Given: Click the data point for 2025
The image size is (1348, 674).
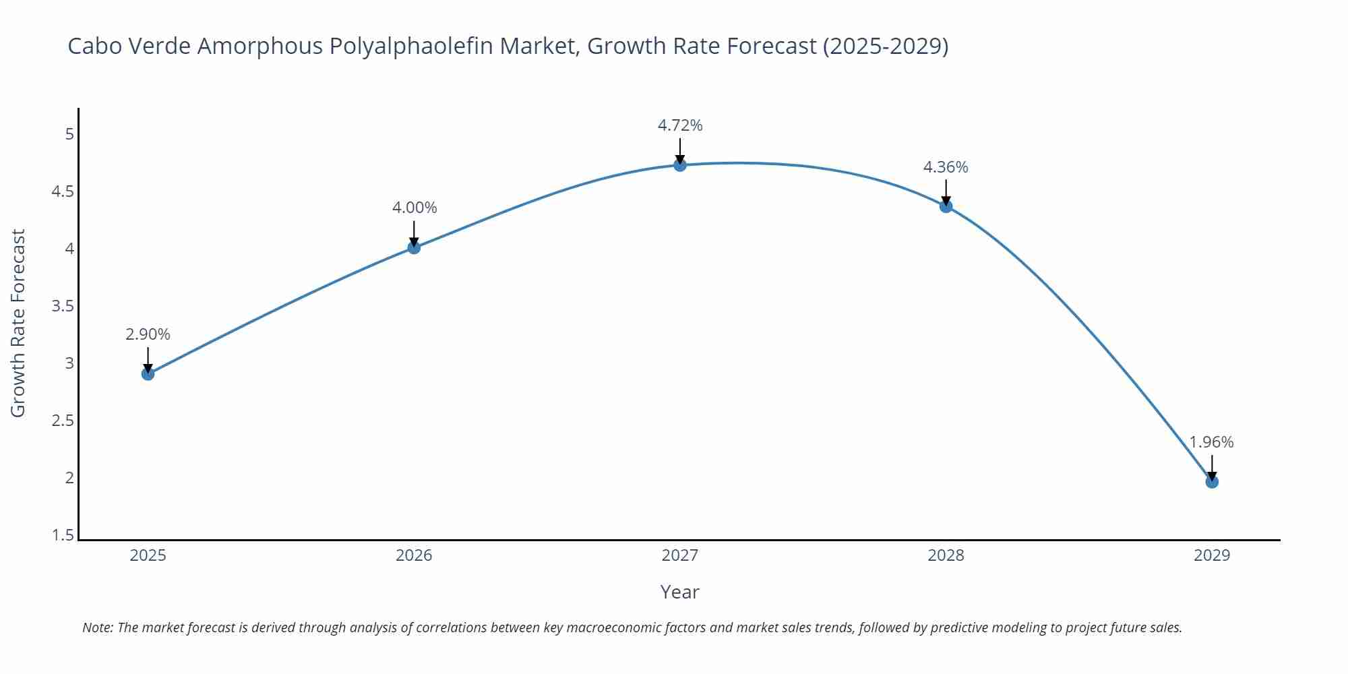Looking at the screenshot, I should [x=148, y=374].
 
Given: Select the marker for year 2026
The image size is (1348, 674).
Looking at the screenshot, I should [x=414, y=248].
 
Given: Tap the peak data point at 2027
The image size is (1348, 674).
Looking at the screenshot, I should [x=680, y=165].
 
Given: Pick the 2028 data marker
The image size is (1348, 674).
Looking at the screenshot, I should [x=946, y=206].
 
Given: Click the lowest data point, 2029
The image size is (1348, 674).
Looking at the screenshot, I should [x=1212, y=482].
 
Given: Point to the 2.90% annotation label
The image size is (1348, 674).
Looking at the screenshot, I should [x=148, y=334].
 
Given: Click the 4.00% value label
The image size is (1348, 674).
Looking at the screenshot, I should [x=415, y=208].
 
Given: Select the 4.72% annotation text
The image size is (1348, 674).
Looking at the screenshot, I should [x=680, y=125].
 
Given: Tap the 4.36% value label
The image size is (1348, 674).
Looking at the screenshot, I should [x=946, y=167].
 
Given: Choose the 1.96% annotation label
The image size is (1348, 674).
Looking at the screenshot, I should [x=1211, y=442].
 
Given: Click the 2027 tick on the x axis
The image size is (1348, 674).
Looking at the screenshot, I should [x=680, y=555].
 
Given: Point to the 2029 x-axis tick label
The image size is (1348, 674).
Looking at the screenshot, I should [x=1212, y=555].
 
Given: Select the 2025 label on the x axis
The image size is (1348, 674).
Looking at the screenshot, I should [x=148, y=555].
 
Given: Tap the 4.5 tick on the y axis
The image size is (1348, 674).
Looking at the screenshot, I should [x=63, y=192].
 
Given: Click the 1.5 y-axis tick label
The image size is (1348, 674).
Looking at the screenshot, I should [x=63, y=536].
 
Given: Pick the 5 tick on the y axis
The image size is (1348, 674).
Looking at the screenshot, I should [x=69, y=134].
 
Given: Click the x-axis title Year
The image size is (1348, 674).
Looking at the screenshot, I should [x=679, y=592].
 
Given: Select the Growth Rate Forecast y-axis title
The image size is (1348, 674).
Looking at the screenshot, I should [x=18, y=323].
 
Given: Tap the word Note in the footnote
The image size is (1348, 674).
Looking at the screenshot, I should [x=97, y=627].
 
